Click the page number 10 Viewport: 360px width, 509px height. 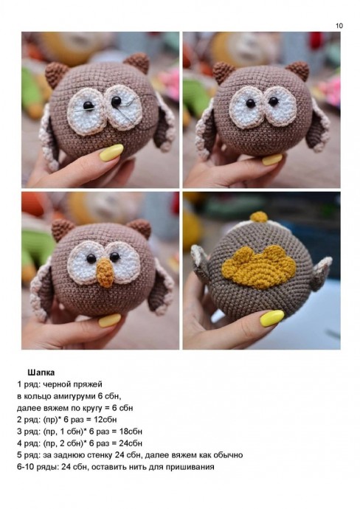pos(339,26)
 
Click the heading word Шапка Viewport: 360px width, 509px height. pos(41,372)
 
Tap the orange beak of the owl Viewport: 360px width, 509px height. pos(105,272)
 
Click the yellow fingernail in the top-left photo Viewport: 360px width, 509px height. pos(111,153)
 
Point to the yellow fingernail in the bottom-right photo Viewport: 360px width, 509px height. pos(272,318)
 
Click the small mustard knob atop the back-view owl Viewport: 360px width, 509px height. pos(259,217)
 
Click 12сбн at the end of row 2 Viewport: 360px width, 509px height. pos(105,420)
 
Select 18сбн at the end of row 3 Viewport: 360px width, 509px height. pos(131,432)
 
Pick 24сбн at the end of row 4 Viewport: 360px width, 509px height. pos(131,443)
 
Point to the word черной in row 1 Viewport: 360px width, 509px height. pos(55,384)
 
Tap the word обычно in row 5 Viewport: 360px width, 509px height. pos(229,455)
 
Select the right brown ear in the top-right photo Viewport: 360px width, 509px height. pos(298,71)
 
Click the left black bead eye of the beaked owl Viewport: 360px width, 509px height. pos(91,258)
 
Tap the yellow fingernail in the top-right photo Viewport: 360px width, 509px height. pos(272,159)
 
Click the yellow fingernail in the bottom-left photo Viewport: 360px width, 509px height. pos(110,320)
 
